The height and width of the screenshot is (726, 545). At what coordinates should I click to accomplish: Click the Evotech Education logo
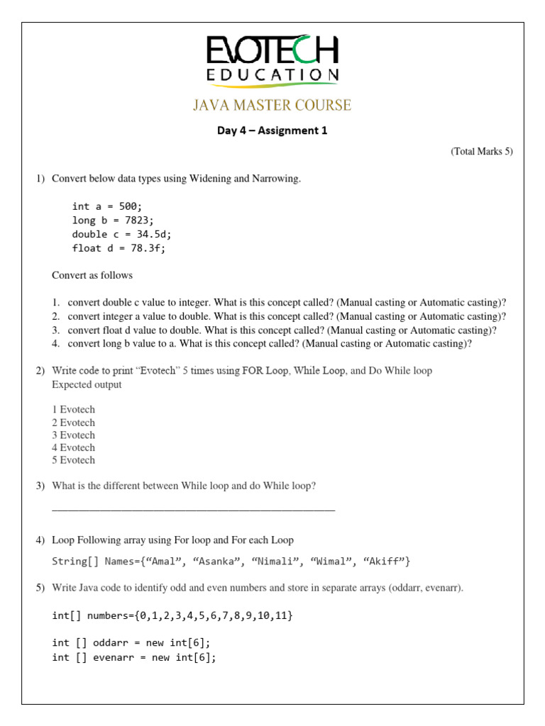coord(272,60)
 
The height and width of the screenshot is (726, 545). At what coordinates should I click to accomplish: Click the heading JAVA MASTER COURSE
coord(272,106)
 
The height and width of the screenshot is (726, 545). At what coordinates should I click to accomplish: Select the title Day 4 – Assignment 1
coord(272,130)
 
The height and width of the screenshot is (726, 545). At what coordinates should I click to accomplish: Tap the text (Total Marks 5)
coord(481,152)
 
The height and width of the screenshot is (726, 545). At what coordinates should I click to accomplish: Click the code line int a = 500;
coord(107,206)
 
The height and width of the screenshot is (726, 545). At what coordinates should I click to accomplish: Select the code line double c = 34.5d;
coord(121,234)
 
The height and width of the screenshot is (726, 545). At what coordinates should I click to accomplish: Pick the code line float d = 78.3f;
coord(118,248)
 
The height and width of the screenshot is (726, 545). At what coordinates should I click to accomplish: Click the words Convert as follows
coord(92,275)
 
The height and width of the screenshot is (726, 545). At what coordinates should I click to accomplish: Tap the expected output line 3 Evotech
coord(73,435)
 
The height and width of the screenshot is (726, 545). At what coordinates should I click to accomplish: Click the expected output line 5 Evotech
coord(73,460)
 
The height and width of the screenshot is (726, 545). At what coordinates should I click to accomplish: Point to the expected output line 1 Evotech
coord(73,409)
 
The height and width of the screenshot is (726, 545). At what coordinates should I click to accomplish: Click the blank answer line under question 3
coord(193,508)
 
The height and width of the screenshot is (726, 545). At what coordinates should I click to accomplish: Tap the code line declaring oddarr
coord(131,643)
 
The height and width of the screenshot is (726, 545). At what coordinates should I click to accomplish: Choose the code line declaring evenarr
coord(134,657)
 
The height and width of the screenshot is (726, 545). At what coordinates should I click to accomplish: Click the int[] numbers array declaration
coord(172,615)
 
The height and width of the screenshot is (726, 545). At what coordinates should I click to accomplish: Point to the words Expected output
coord(87,384)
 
